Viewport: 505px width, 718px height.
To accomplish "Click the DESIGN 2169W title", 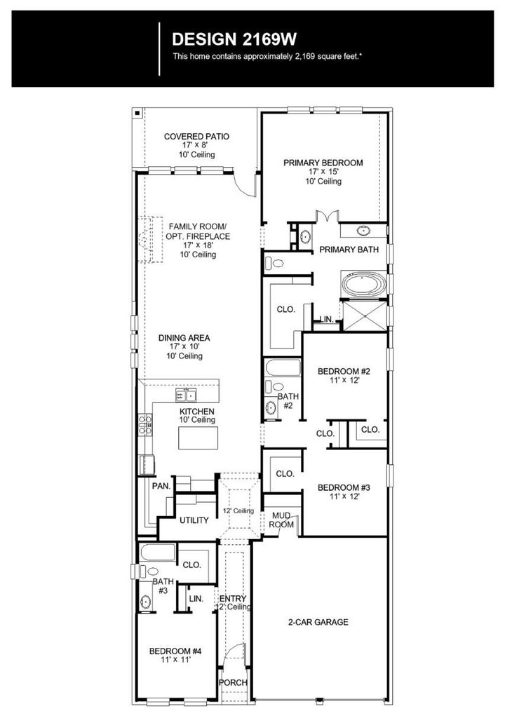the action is [x=234, y=39].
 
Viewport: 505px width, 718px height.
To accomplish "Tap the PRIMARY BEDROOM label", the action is [x=323, y=163].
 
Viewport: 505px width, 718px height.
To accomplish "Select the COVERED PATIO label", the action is [x=196, y=137].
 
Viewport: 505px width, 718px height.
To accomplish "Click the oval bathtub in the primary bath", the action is [x=364, y=285].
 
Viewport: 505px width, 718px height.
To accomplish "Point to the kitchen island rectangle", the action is [x=198, y=438].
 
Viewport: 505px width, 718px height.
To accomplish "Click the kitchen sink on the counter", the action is [x=186, y=395].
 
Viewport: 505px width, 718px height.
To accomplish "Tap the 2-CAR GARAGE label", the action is [x=318, y=622].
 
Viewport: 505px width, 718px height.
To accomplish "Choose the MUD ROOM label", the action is [x=281, y=520].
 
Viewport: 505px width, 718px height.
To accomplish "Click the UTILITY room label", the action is [x=194, y=520].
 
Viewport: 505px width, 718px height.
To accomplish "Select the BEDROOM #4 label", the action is [x=175, y=651].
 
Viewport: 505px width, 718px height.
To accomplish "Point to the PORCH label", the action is [x=233, y=682].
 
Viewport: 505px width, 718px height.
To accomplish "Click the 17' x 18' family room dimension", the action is [x=198, y=245].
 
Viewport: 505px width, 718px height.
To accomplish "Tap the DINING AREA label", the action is [x=184, y=338].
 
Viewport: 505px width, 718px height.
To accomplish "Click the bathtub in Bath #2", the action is [x=283, y=368].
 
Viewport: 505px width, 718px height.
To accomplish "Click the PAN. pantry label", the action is [x=161, y=486].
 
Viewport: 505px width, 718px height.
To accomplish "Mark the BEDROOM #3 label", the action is [x=344, y=488].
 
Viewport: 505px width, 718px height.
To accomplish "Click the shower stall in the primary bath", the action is [x=365, y=316].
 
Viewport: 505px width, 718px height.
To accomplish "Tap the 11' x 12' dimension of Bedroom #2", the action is [x=344, y=380].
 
